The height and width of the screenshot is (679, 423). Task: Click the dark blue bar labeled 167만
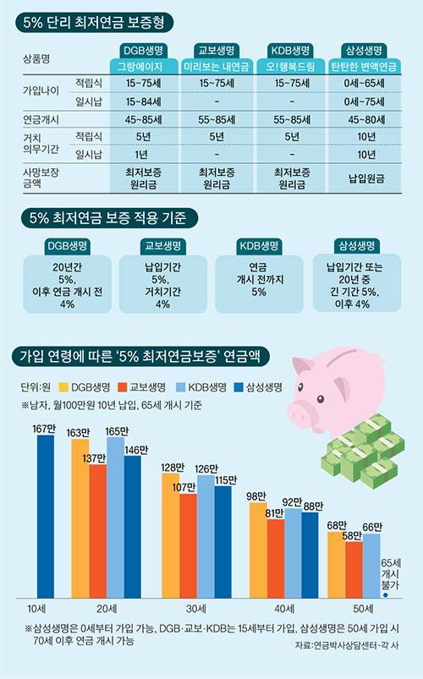coord(44,520)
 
